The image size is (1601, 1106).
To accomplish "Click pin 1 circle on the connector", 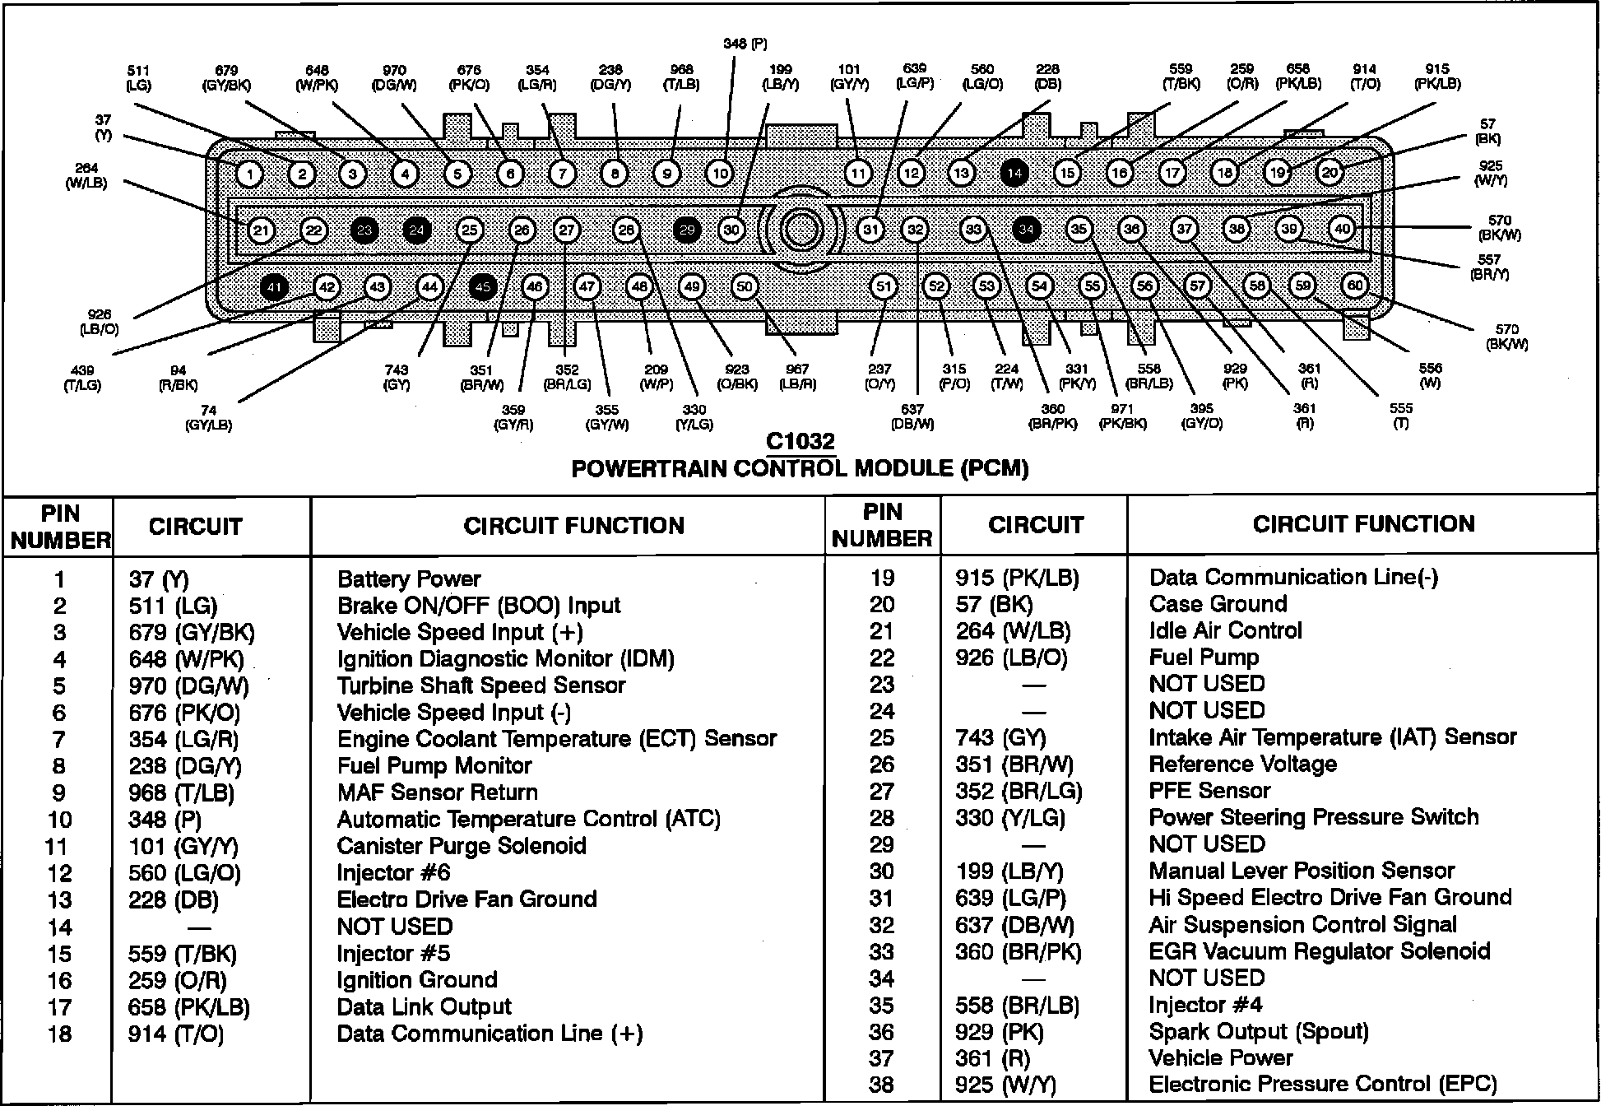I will tap(249, 174).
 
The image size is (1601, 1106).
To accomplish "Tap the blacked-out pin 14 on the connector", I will tap(1014, 173).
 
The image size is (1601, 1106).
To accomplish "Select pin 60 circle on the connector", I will tap(1354, 286).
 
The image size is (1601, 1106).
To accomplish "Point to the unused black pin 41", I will tap(273, 286).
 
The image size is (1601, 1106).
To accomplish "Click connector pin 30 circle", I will tap(731, 230).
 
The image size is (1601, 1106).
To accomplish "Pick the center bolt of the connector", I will tap(800, 230).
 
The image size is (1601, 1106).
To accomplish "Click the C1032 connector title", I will tap(800, 442).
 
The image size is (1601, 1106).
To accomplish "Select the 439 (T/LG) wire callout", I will tap(82, 378).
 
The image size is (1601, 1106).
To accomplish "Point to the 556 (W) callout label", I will tap(1430, 375).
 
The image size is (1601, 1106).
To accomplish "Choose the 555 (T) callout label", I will tap(1400, 416).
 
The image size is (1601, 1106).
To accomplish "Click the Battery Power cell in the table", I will tap(409, 579).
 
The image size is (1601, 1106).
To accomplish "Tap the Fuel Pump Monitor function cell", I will tap(434, 766).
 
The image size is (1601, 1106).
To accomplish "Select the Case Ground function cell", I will tap(1218, 604).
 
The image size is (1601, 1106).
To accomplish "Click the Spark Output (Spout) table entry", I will tap(1259, 1032).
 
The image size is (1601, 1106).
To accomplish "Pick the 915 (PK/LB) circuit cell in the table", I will tap(1017, 578).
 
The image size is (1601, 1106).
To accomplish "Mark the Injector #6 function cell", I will tap(394, 873).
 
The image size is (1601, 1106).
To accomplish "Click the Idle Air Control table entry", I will tap(1225, 631).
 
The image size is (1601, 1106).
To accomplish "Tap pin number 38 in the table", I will tap(881, 1085).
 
